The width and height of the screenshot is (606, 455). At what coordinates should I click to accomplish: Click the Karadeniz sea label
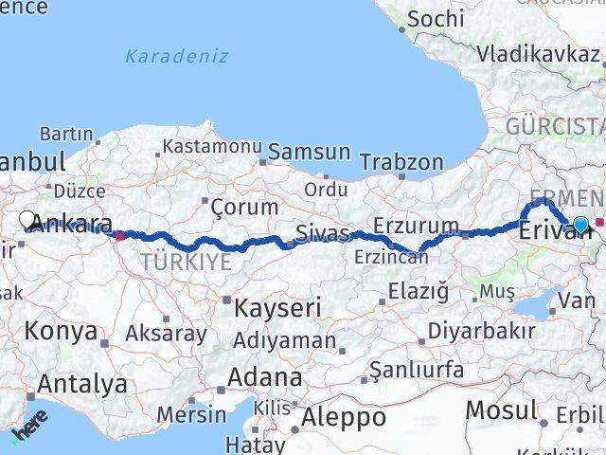[x=178, y=56]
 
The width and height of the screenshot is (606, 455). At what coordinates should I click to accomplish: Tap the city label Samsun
[x=309, y=152]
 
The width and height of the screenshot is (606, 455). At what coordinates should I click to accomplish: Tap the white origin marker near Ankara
[x=27, y=220]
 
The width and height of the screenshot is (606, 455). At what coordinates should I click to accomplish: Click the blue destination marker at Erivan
[x=580, y=225]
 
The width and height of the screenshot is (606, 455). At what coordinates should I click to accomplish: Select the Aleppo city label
[x=344, y=417]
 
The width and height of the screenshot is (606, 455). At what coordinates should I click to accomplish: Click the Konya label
[x=62, y=332]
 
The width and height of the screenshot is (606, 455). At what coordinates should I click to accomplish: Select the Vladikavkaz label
[x=539, y=53]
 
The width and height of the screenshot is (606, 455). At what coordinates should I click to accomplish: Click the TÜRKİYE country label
[x=186, y=262]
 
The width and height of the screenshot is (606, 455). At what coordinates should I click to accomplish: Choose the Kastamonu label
[x=211, y=147]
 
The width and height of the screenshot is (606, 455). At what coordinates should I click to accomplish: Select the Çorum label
[x=244, y=207]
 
